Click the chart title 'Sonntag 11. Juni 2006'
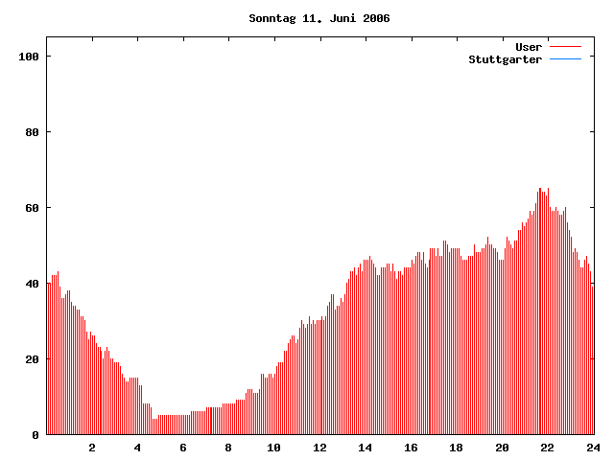pos(319,18)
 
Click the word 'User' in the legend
pos(529,47)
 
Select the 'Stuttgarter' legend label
pos(505,59)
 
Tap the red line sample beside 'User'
pos(565,47)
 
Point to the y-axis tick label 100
pos(28,57)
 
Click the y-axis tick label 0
pos(35,435)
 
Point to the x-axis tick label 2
pos(92,448)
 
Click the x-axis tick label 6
pos(183,448)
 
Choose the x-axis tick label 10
pos(274,448)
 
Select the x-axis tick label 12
pos(319,448)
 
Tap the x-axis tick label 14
pos(366,448)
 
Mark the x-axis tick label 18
pos(456,448)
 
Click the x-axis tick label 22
pos(547,448)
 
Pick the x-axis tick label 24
pos(592,448)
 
